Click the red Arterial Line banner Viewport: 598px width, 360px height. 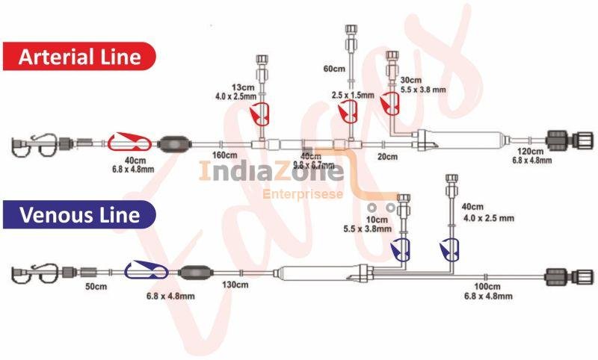(78, 56)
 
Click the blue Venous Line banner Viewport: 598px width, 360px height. (79, 215)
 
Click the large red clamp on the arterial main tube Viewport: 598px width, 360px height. (131, 141)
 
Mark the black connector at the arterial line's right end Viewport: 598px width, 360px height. (559, 140)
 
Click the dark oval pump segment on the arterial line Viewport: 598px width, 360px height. (177, 142)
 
